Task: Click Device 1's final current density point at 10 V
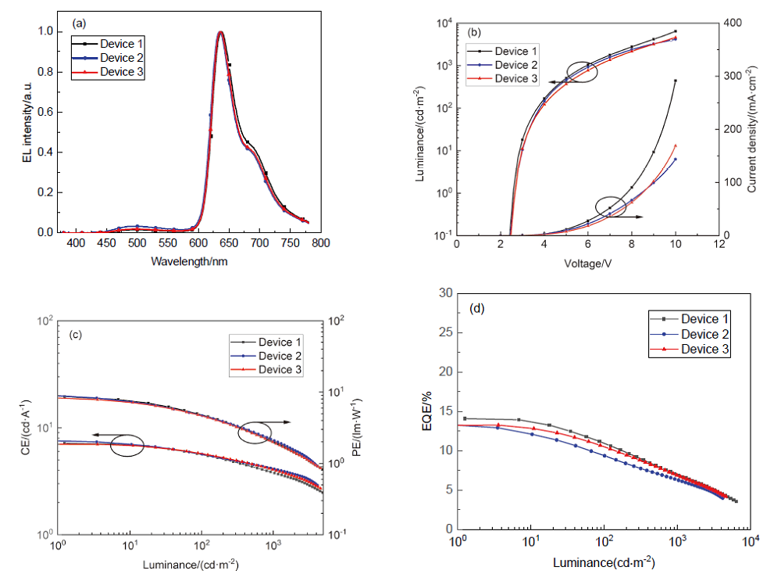[676, 81]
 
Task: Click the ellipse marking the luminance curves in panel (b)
[582, 72]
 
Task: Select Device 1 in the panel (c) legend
[280, 342]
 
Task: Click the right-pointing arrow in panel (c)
[282, 422]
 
